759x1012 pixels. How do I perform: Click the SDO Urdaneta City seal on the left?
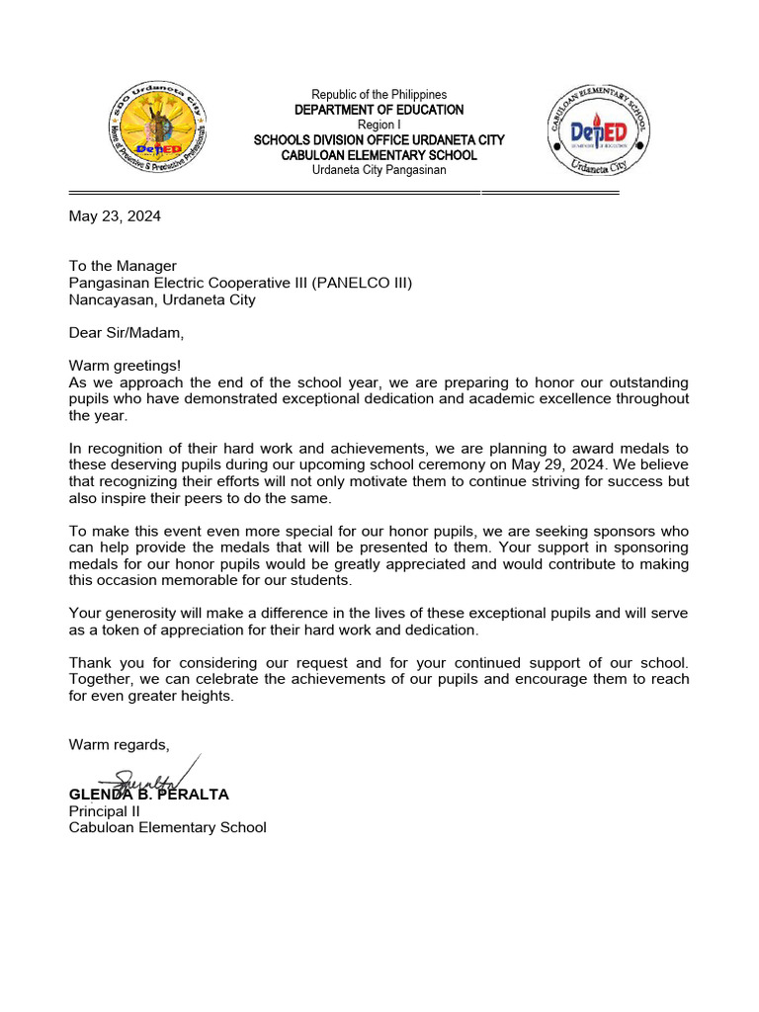pos(158,132)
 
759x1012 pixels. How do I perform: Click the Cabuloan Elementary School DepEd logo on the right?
pos(600,131)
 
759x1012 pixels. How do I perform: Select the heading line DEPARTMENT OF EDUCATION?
pos(379,110)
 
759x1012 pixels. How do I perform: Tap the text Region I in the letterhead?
pos(379,125)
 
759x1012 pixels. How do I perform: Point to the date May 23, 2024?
pos(115,216)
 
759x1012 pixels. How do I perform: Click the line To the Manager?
pos(123,266)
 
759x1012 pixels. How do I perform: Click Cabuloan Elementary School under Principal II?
pos(167,828)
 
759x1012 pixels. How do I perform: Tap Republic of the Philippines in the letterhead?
pos(379,95)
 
